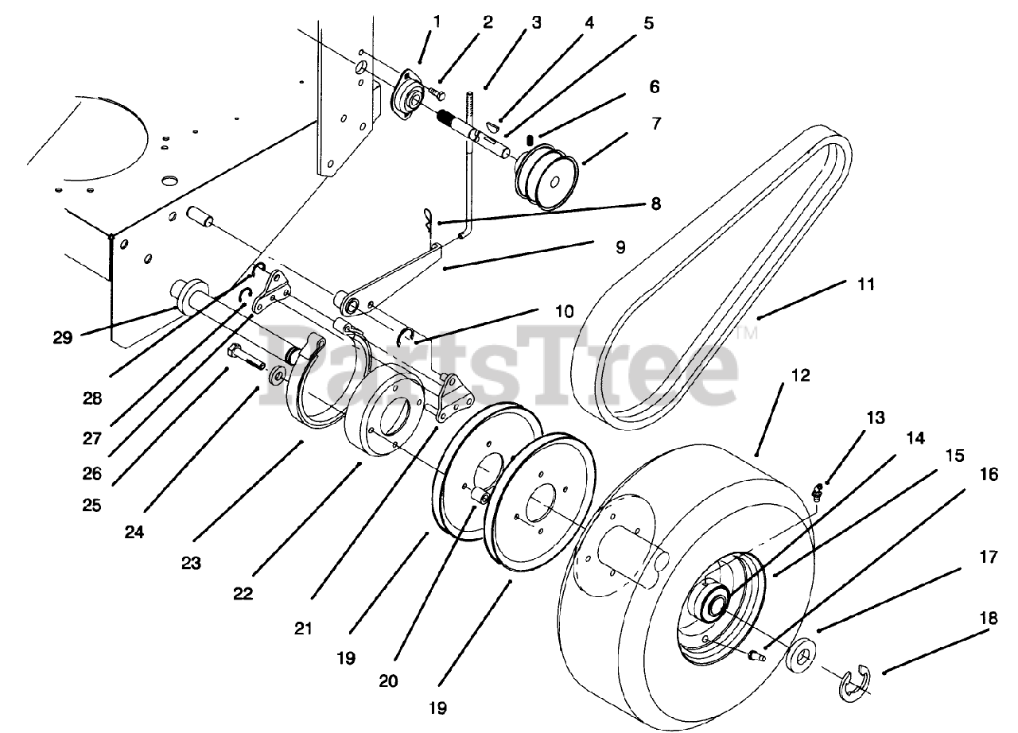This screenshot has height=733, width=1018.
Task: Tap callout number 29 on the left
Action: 63,336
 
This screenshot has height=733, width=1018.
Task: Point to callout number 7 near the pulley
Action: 654,124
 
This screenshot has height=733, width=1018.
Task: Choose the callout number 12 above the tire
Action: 801,375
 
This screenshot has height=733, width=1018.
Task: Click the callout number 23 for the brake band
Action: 190,563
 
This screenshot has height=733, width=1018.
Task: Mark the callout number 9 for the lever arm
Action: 619,246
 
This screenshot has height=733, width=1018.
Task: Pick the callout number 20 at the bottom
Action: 389,681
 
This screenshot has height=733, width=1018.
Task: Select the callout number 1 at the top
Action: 437,21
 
